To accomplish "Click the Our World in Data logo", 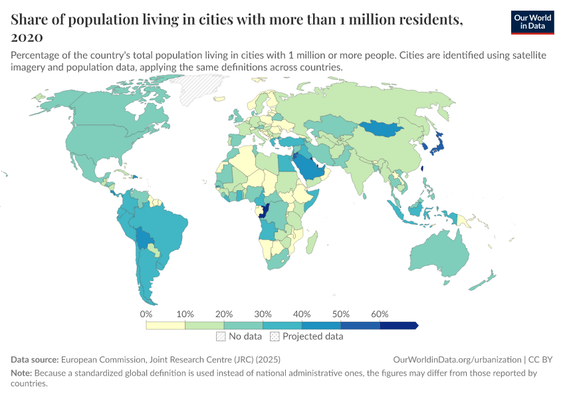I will click(532, 22).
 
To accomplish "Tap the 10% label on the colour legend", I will click(185, 314).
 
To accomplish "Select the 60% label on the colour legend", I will click(380, 314).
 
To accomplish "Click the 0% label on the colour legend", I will click(146, 314).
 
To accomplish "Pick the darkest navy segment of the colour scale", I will click(397, 325).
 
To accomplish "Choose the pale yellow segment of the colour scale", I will click(166, 325).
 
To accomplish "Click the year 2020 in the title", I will click(27, 37).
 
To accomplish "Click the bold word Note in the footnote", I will click(21, 373).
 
